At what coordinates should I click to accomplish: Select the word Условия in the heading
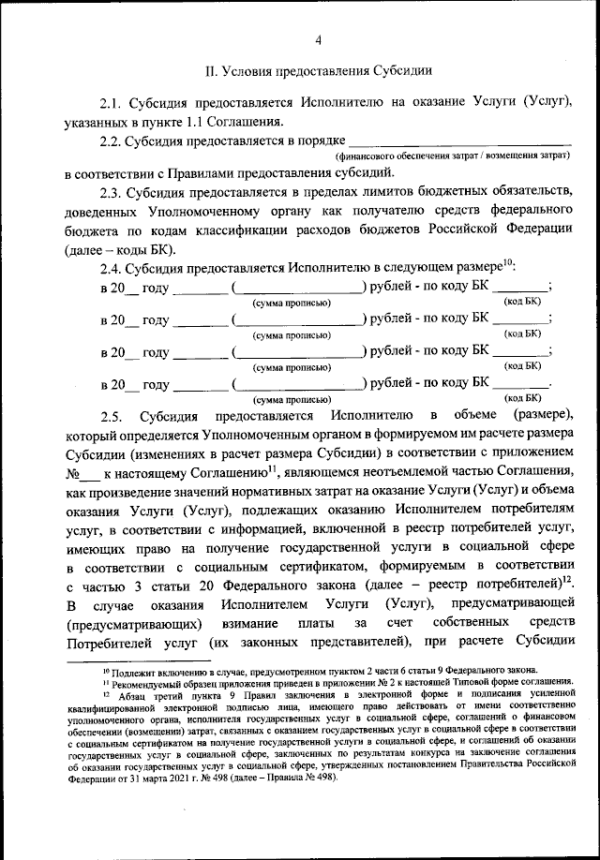[x=253, y=69]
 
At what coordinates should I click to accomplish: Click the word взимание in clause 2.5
[x=277, y=622]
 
